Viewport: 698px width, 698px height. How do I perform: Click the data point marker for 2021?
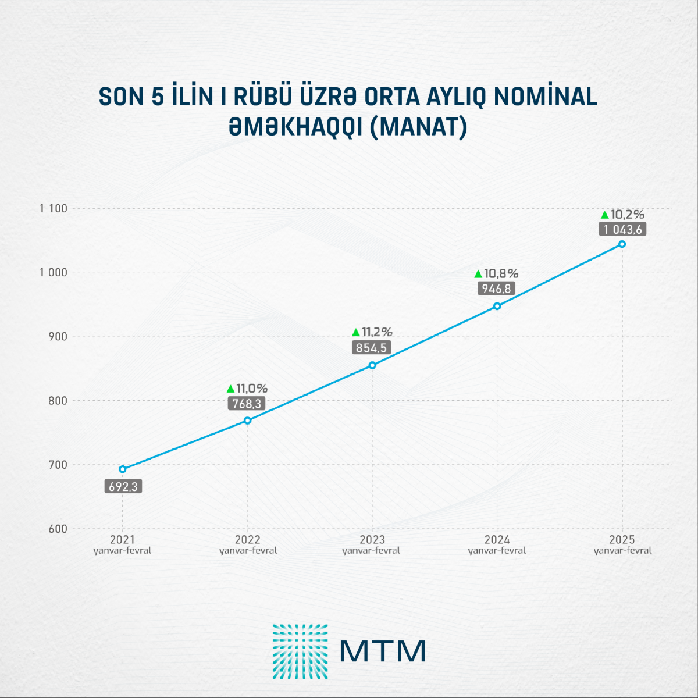[x=122, y=469]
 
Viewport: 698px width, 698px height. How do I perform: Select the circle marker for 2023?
[x=372, y=365]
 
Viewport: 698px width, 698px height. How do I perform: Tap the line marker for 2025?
[x=622, y=244]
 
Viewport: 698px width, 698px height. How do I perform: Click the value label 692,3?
[x=123, y=486]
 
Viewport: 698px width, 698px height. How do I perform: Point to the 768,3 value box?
[x=247, y=404]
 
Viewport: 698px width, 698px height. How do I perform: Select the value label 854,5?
[x=371, y=348]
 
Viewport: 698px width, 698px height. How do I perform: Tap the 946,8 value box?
[x=496, y=289]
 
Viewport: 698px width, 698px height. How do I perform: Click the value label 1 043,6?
[x=622, y=229]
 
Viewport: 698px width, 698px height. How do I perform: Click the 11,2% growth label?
[x=377, y=333]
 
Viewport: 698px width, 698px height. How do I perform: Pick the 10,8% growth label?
[x=501, y=273]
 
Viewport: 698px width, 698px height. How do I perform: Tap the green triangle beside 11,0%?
[x=230, y=389]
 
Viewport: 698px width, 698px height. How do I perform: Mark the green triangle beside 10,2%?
[x=604, y=215]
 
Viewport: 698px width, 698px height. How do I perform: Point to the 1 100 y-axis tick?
[x=54, y=208]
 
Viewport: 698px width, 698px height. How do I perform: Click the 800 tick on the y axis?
[x=58, y=401]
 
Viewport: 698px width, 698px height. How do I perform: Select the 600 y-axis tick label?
[x=58, y=529]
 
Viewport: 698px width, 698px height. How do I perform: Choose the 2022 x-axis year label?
[x=248, y=540]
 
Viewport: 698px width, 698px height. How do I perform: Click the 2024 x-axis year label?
[x=497, y=540]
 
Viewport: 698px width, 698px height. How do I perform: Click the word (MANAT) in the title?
[x=419, y=127]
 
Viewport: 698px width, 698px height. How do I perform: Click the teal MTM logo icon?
[x=300, y=651]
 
